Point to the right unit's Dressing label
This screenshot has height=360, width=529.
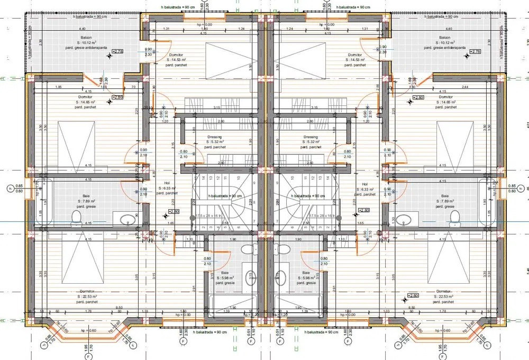(x=311, y=137)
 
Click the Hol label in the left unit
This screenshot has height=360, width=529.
(x=167, y=183)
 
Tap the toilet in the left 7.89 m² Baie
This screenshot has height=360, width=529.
(x=76, y=217)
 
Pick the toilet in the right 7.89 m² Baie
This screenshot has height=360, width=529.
(x=453, y=217)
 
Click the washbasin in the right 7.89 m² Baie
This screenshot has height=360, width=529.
(x=404, y=219)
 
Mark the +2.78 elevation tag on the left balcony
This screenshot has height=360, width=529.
(x=117, y=51)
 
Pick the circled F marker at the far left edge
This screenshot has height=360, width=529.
(x=10, y=188)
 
